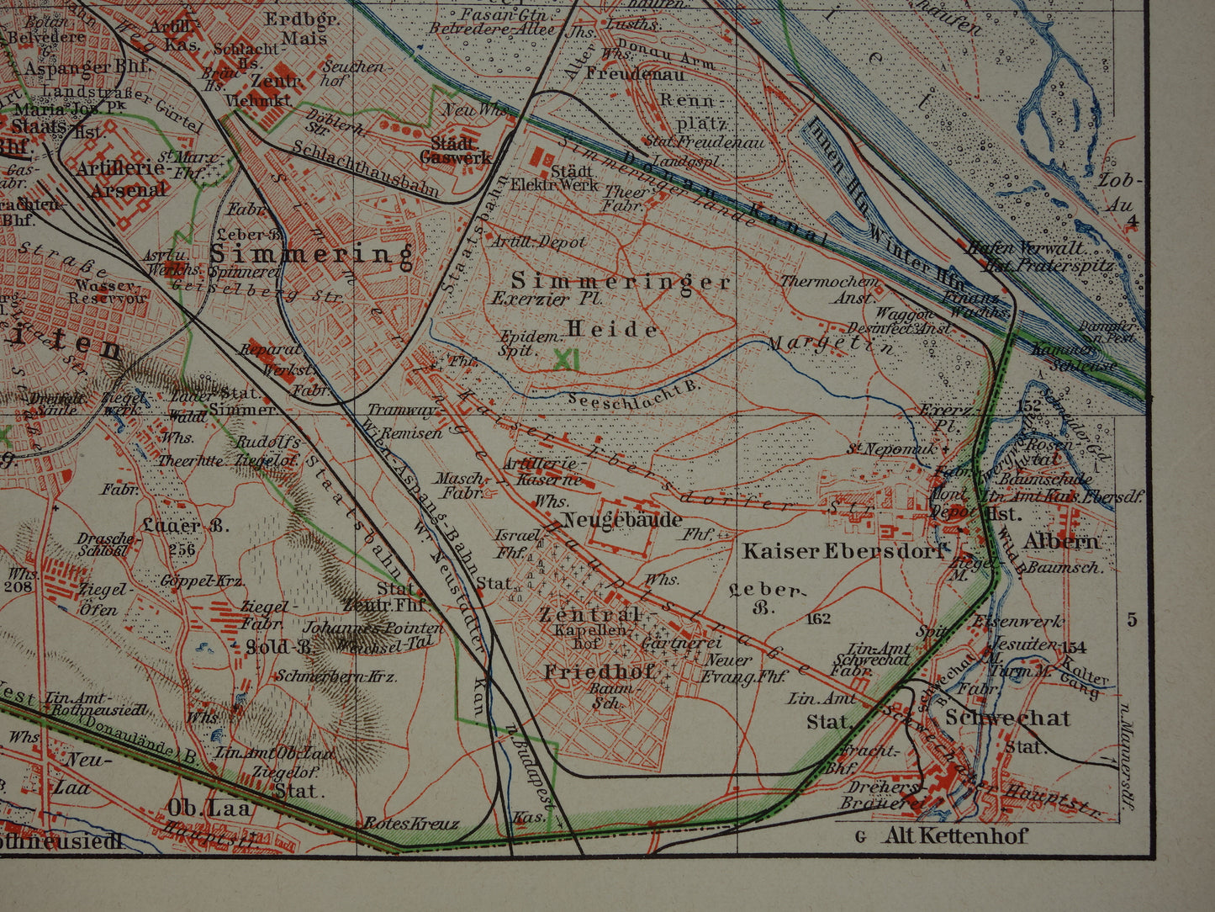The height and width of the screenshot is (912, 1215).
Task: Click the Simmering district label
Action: tap(311, 254)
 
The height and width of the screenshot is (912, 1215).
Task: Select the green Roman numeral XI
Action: tap(568, 359)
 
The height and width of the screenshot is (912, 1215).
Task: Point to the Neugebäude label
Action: tap(622, 520)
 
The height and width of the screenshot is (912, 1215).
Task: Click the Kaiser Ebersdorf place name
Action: tap(843, 552)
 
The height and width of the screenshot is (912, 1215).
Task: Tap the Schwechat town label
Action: tap(1007, 718)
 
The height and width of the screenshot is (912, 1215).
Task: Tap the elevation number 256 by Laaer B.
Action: tap(182, 549)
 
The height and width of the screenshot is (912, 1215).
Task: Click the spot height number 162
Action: tap(816, 620)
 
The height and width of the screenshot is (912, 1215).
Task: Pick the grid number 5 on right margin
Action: tap(1132, 620)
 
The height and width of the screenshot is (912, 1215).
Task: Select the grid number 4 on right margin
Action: tap(1132, 222)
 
